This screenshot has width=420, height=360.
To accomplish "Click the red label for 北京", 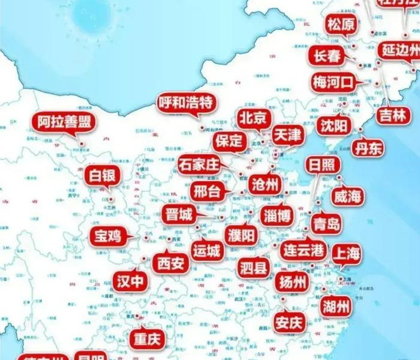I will [254, 118].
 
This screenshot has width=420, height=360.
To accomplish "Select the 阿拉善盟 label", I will [63, 122].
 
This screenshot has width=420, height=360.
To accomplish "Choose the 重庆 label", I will [147, 340].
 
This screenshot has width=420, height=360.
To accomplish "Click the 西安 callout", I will [170, 263].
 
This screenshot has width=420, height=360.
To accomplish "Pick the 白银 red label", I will [103, 176].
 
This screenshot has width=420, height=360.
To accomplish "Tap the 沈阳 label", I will [334, 125].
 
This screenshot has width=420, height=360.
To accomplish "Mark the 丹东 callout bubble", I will [368, 148].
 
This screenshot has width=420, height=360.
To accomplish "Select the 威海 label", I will [347, 196].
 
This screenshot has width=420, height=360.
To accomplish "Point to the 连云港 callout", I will [303, 249].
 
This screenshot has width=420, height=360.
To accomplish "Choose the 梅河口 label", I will [334, 82].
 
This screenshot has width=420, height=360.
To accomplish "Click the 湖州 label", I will [336, 307].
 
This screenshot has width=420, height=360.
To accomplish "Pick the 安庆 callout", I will [289, 322].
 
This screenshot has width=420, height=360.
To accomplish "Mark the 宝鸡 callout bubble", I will [108, 236].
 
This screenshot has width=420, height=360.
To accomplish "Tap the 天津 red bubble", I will [288, 135].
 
